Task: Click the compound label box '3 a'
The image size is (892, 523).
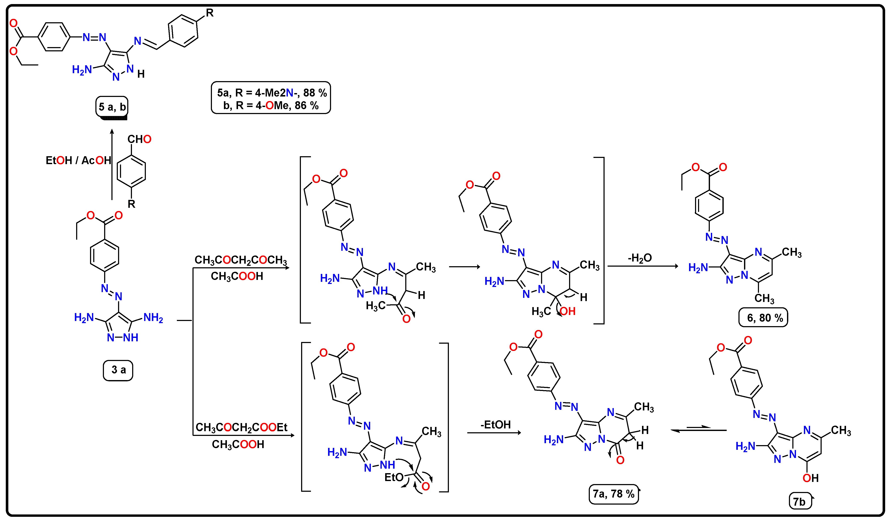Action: point(118,370)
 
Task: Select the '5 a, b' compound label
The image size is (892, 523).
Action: point(112,107)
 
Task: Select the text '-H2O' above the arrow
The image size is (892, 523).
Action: point(640,258)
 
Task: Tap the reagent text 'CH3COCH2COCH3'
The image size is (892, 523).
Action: point(241,260)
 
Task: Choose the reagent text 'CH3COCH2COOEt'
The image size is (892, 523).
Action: point(241,427)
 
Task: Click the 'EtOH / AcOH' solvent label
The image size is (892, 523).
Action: point(78,160)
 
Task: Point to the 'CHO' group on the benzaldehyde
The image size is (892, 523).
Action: point(139,139)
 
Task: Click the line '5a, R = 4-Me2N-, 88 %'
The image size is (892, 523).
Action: point(272,93)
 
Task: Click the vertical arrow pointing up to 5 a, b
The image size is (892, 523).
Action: point(112,165)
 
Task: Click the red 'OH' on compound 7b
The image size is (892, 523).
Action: point(811,478)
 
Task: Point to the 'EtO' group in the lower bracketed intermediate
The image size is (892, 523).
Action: point(394,477)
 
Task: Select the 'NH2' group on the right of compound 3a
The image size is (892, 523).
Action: point(153,318)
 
